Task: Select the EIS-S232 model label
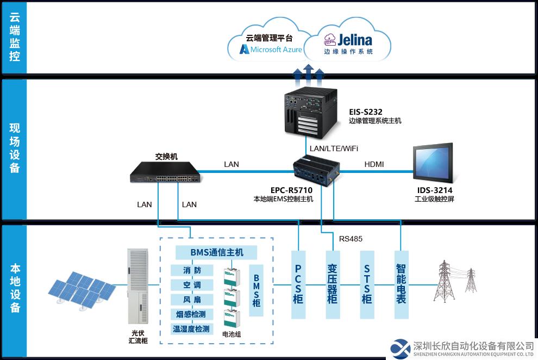pos(365,112)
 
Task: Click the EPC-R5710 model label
pos(291,190)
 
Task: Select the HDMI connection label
pos(374,164)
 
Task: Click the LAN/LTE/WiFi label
pos(334,148)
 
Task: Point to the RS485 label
pos(351,239)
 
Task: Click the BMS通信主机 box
pos(216,252)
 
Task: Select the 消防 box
pos(192,270)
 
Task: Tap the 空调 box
pos(192,285)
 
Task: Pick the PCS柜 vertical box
pos(298,284)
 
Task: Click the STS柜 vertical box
pos(367,284)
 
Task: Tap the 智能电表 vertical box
pos(401,284)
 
